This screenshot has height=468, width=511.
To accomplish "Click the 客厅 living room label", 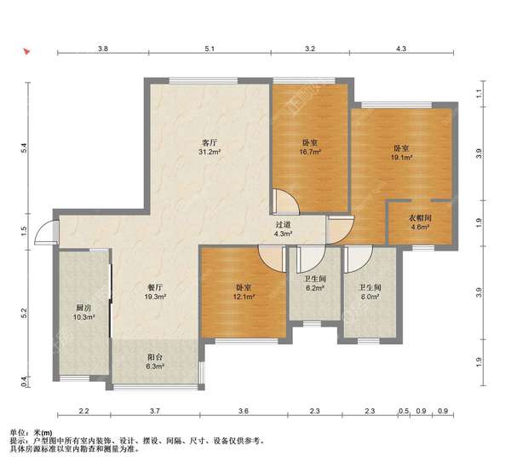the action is [x=210, y=143].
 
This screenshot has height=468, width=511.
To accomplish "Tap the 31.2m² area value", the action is [x=210, y=152].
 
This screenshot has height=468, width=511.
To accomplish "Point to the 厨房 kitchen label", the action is [x=83, y=308].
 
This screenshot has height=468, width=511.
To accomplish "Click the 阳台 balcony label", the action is [x=154, y=357].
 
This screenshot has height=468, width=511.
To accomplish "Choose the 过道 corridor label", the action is [x=283, y=225].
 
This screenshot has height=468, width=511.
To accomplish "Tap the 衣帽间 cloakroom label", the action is [x=420, y=218].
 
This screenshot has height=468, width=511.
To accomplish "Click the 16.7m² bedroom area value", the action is [x=310, y=152].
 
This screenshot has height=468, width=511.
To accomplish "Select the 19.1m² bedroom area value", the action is [x=402, y=158].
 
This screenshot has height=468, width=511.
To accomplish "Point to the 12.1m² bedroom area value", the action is [x=244, y=297].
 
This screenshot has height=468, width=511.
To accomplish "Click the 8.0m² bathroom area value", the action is [x=370, y=297].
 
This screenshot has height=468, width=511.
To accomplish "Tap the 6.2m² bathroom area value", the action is [x=314, y=288].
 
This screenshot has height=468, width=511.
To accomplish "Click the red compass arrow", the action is [x=26, y=51].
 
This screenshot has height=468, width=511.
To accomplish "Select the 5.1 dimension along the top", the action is [x=210, y=49].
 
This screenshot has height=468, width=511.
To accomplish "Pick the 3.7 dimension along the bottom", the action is [x=155, y=411].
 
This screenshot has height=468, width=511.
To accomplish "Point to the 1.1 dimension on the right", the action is [x=479, y=95].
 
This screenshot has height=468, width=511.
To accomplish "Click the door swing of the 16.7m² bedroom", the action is [x=285, y=201].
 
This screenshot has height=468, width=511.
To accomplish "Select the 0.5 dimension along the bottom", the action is [x=404, y=411].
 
